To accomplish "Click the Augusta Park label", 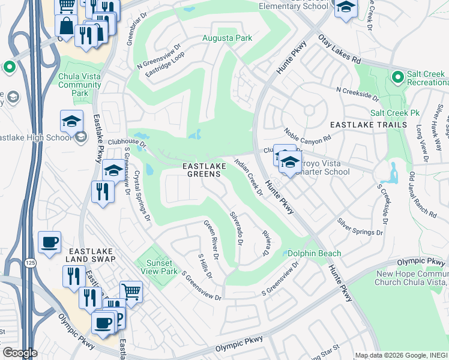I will click(x=226, y=38).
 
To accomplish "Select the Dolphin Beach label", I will click(x=314, y=253).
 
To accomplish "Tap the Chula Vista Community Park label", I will click(x=79, y=85).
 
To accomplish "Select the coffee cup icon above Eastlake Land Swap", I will click(x=49, y=242).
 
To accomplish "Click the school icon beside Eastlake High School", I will click(x=71, y=122).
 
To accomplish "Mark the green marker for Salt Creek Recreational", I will click(x=397, y=77).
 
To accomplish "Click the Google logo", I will click(x=20, y=353).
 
